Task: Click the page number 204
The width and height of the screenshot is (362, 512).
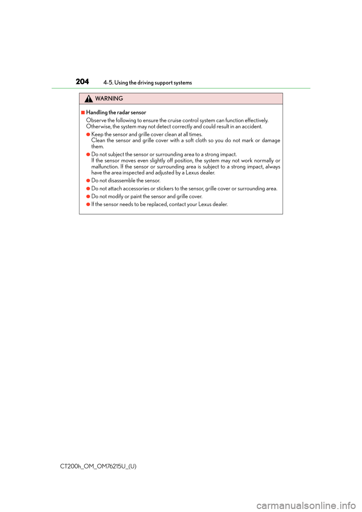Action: [x=82, y=82]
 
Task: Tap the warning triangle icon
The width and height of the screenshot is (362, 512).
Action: [x=89, y=99]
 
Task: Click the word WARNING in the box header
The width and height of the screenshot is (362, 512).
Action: [x=109, y=99]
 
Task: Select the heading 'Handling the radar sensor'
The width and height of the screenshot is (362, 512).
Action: [x=116, y=112]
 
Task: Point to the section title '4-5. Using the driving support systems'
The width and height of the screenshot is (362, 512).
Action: [x=147, y=83]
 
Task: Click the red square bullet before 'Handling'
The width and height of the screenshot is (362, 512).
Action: [x=83, y=112]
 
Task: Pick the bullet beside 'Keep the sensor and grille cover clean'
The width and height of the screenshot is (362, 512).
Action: [x=88, y=134]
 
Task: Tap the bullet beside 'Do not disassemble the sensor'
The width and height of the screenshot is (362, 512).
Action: [x=88, y=181]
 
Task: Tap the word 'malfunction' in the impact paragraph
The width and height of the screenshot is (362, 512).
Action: [x=105, y=167]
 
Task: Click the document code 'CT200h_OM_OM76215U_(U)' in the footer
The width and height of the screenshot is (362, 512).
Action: [x=98, y=466]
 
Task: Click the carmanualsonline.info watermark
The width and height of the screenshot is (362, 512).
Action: [x=306, y=505]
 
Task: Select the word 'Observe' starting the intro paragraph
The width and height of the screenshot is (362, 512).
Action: [x=96, y=121]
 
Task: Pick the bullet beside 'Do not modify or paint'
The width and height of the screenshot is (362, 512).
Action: [x=88, y=196]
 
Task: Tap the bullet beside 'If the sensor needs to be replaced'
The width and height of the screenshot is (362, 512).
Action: [x=88, y=204]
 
